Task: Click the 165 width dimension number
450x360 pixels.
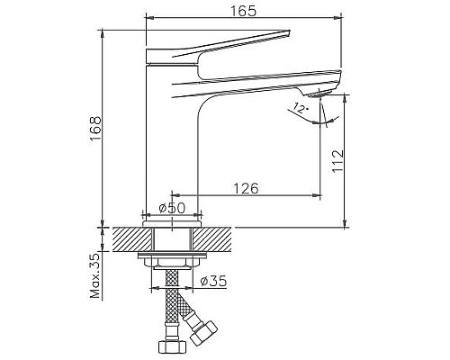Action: pos(243,11)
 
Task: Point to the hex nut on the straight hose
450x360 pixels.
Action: pos(168,346)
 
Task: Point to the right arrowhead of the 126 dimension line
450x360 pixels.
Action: pos(319,194)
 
